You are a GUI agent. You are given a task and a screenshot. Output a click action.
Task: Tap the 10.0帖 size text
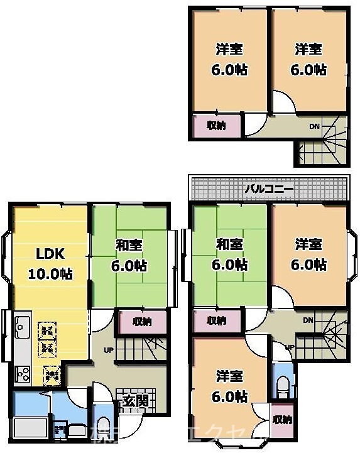pos(49,274)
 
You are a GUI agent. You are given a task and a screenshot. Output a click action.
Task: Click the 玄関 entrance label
pos(135,401)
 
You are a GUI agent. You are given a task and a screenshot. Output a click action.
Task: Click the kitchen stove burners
pos(23,374)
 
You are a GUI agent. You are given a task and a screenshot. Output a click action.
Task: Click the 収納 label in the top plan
pos(216,125)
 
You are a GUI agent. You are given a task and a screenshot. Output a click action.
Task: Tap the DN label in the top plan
pos(314,127)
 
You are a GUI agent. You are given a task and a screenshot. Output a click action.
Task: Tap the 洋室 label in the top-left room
pos(229,49)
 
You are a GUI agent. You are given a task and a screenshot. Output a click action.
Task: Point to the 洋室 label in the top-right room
pos(309,49)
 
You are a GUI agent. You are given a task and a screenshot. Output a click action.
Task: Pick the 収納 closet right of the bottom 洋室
pos(282,420)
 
